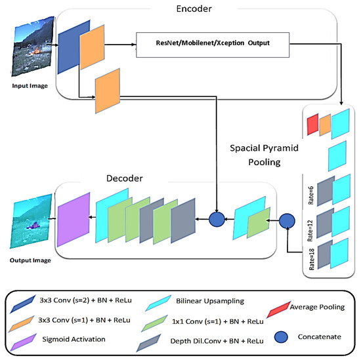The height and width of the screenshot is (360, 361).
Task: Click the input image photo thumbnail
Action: pos(31,49)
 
